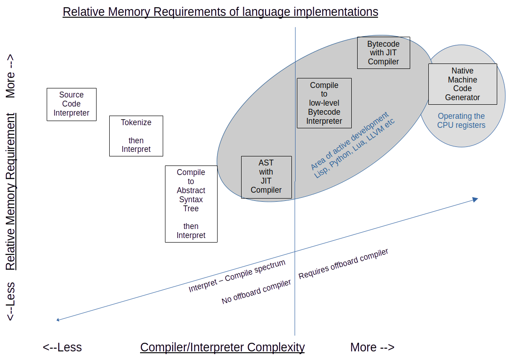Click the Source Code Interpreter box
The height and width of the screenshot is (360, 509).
(72, 104)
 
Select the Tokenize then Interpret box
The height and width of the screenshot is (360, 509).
(136, 136)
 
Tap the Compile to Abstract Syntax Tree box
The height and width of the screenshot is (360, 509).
(191, 204)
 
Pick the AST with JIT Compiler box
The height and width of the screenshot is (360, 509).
(266, 176)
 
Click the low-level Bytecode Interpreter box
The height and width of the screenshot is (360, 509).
(324, 103)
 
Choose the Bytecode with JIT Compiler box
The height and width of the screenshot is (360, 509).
(383, 53)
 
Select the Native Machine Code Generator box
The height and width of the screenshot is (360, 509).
(462, 84)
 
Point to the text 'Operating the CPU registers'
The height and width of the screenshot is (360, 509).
(461, 121)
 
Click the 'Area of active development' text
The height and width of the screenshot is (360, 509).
(349, 141)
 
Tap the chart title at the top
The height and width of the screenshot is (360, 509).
(220, 12)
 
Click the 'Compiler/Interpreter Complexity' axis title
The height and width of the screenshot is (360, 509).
(222, 348)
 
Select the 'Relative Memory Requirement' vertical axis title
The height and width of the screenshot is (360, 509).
(10, 191)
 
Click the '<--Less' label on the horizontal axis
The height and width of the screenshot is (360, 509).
(62, 348)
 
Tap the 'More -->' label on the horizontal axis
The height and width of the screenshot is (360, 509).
(372, 348)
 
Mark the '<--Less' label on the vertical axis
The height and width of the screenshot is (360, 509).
(10, 302)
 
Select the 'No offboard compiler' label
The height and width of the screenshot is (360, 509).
(256, 292)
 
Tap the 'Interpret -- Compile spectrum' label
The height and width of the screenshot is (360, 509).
(237, 276)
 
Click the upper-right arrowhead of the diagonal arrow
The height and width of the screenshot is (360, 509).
(475, 199)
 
